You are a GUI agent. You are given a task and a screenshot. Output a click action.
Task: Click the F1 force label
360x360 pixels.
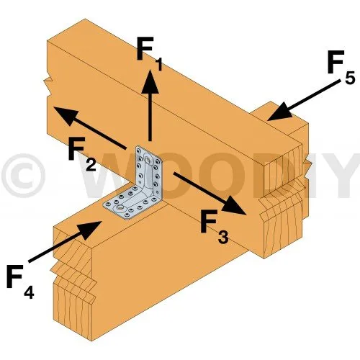click(149, 54)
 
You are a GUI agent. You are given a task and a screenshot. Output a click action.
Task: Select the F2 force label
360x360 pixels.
click(82, 154)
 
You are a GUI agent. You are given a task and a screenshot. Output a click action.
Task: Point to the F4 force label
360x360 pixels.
click(20, 282)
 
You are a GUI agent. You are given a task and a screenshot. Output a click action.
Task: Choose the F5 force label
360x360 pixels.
click(341, 67)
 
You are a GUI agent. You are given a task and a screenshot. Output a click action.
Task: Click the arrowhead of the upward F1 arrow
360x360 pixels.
click(150, 81)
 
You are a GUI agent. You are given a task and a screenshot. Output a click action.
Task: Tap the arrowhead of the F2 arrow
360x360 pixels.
click(66, 115)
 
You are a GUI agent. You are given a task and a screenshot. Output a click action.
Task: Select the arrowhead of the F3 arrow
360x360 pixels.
click(234, 204)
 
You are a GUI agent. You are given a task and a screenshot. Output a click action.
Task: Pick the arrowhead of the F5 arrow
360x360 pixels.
click(280, 112)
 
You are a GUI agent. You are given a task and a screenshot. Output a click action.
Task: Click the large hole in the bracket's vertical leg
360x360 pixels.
click(147, 159)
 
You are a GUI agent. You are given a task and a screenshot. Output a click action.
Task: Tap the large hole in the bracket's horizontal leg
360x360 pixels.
click(119, 208)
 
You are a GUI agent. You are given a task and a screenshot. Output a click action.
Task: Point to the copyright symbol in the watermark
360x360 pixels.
click(23, 176)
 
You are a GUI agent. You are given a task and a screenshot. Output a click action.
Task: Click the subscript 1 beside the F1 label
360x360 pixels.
click(158, 65)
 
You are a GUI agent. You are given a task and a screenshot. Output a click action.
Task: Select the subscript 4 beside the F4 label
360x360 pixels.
click(29, 292)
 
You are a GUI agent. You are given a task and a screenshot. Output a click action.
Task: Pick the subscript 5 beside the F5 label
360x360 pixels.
click(350, 78)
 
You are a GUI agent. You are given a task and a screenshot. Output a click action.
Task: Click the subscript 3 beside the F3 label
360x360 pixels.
click(224, 238)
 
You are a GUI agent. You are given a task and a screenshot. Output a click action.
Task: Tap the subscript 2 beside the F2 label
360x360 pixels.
click(91, 165)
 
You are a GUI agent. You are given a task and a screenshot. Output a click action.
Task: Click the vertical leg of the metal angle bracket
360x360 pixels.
click(148, 171)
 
